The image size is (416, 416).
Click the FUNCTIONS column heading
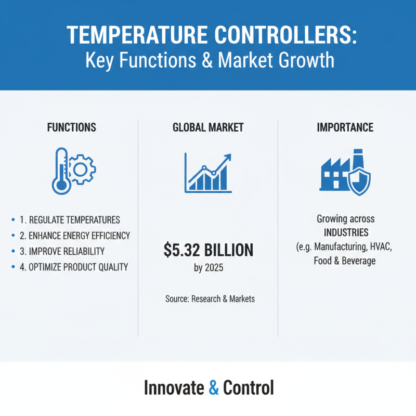(71, 127)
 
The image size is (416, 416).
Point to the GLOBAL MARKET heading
(208, 127)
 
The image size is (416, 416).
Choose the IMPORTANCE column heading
(345, 127)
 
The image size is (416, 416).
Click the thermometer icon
(61, 171)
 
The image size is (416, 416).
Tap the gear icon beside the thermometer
(82, 167)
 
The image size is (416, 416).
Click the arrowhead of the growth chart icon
(227, 157)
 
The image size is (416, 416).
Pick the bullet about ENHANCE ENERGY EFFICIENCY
(75, 236)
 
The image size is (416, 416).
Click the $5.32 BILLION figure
(208, 251)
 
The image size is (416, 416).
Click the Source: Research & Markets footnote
(208, 299)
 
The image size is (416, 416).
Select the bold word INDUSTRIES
(345, 232)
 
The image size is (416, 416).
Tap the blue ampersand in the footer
(214, 388)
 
